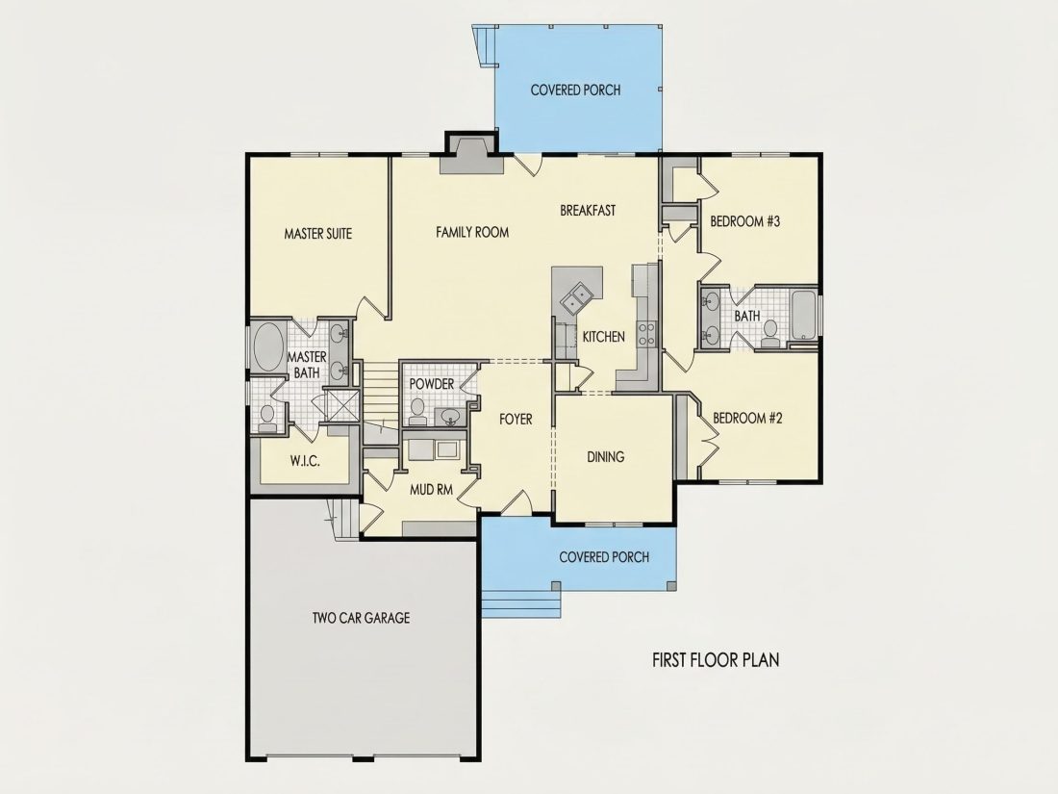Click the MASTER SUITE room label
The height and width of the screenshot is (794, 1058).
click(317, 234)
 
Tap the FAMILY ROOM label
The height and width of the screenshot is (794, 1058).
click(472, 232)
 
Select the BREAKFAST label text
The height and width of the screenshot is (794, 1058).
click(588, 211)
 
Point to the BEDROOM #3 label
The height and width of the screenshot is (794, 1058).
click(744, 221)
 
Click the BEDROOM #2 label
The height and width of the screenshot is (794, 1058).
click(747, 419)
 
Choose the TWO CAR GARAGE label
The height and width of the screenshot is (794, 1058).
click(361, 618)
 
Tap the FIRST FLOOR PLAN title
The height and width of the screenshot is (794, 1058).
click(716, 659)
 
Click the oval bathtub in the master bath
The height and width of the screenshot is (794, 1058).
click(268, 347)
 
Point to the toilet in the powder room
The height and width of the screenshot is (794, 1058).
click(417, 412)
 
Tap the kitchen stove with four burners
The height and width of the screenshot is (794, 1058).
click(646, 334)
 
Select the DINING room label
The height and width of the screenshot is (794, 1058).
click(605, 457)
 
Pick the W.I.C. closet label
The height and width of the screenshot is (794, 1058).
click(305, 462)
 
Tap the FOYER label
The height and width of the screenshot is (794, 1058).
click(516, 420)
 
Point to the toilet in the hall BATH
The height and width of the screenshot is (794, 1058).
click(769, 334)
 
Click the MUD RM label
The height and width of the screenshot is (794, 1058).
click(431, 490)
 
